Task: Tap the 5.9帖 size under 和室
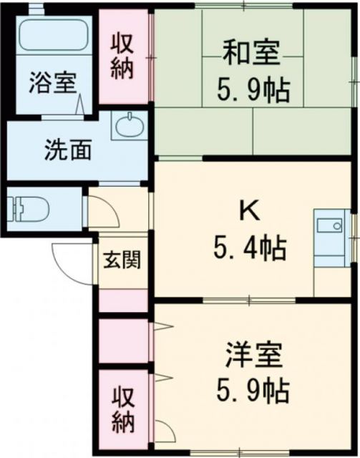[x=253, y=90]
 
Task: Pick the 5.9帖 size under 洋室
[x=252, y=391]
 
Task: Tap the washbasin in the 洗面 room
[x=130, y=126]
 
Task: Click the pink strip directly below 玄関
[x=122, y=300]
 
